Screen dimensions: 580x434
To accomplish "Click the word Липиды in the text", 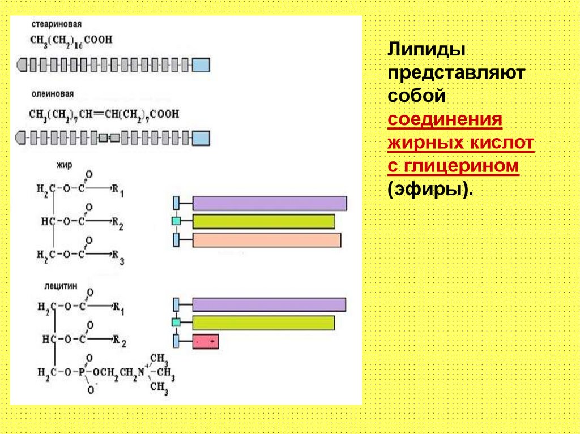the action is tap(426, 51).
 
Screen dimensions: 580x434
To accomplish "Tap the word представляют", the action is tap(457, 74).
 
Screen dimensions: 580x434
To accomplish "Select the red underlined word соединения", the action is tap(446, 120).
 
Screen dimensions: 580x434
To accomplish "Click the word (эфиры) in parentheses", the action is tap(430, 189).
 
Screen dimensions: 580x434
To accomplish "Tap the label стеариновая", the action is tap(56, 25).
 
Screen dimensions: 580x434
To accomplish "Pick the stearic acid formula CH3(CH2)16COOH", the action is tap(71, 41).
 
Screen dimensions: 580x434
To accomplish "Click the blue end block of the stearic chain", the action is tap(201, 65).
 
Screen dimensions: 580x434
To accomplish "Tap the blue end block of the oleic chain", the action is tap(201, 137).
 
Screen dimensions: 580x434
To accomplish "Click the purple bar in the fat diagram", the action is tap(270, 203).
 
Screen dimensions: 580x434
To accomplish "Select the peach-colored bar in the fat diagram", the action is tap(267, 240).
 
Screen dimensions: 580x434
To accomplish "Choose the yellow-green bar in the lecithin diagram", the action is tap(263, 323).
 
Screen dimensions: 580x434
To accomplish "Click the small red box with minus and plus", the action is tap(205, 341).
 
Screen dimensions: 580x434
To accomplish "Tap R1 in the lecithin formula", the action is tap(118, 308).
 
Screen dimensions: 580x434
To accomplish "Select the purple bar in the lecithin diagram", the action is tap(269, 304).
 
